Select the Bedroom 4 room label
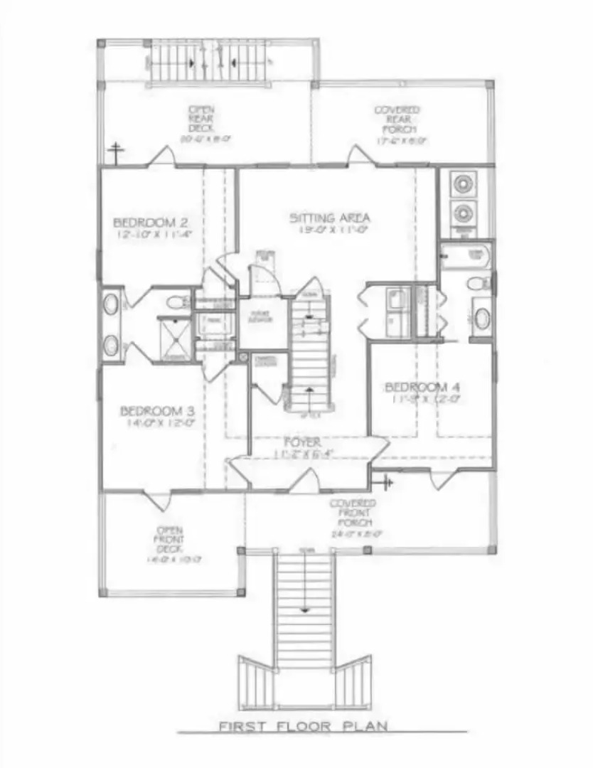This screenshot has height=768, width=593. point(422,387)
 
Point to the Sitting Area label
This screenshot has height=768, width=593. point(330,218)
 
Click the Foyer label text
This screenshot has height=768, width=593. point(303,442)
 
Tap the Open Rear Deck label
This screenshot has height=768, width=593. point(198,119)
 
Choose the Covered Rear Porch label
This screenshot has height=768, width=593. point(397,119)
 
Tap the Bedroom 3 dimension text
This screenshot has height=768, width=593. point(158,422)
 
